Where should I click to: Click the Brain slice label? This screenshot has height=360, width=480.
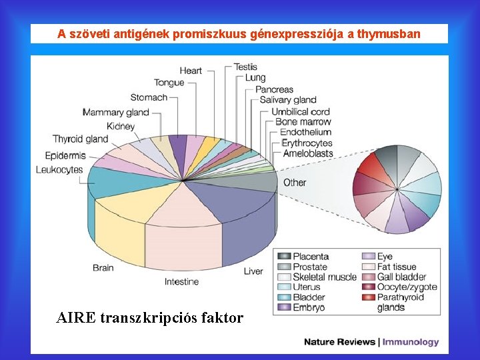[103, 268]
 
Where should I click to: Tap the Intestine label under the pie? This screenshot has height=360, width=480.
[181, 281]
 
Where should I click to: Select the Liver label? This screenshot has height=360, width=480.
[253, 271]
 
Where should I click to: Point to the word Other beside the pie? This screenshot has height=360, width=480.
[295, 183]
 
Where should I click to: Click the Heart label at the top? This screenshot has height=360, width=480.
[191, 71]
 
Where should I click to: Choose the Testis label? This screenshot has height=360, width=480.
[245, 67]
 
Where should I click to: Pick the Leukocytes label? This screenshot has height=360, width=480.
[59, 170]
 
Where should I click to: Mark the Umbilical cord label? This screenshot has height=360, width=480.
[301, 112]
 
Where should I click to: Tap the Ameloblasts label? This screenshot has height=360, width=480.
[307, 153]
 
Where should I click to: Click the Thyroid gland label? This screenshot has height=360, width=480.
[81, 139]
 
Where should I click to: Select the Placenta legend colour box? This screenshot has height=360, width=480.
[284, 257]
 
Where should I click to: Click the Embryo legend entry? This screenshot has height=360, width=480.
[309, 307]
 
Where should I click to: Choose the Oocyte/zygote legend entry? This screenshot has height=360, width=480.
[407, 287]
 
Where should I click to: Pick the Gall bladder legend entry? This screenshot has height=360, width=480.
[401, 277]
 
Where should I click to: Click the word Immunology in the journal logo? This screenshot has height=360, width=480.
[411, 342]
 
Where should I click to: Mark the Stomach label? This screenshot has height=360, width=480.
[149, 97]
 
